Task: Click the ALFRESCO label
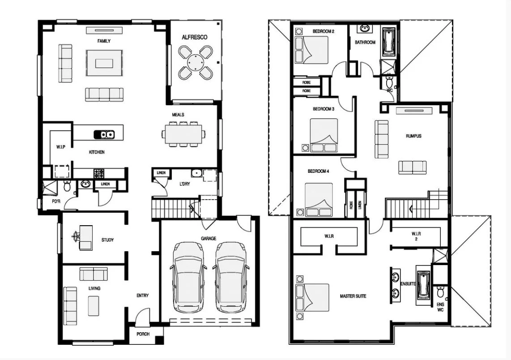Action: point(195,38)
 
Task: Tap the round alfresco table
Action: point(195,63)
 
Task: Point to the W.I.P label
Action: point(61,147)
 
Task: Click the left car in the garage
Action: point(188,277)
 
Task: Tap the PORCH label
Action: point(143,334)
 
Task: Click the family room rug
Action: point(105,63)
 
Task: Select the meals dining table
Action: point(184,133)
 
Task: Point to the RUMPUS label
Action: point(413,136)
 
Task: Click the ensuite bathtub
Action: point(423,285)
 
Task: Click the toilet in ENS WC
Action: point(440,292)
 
